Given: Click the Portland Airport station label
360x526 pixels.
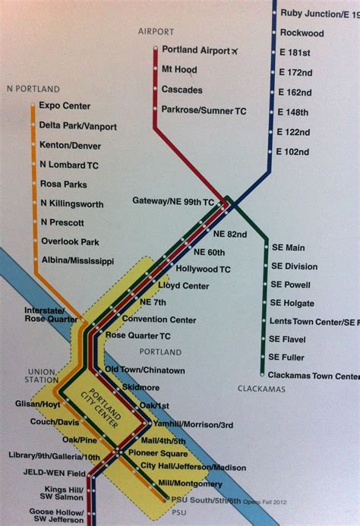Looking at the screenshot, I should [195, 50].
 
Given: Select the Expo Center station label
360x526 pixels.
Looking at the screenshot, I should [65, 107].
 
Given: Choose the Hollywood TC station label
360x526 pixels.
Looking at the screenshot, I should [203, 269].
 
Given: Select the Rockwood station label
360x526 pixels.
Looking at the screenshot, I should [302, 33].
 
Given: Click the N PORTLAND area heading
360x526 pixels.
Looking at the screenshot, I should [32, 88].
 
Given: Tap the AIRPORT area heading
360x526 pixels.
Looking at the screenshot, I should [156, 32].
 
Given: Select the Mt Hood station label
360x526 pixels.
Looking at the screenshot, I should [179, 70].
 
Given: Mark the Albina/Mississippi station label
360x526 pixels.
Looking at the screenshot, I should [77, 261].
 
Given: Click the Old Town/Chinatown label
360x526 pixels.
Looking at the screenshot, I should [144, 370].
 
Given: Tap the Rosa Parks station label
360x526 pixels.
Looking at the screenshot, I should [64, 184].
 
